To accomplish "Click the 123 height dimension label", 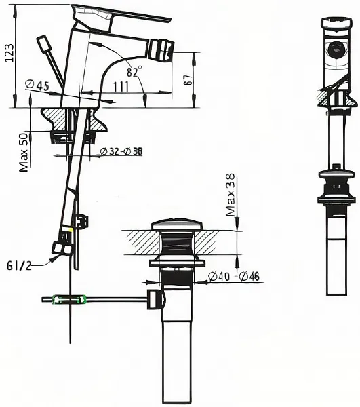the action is (x=9, y=53).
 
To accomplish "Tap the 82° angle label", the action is (x=134, y=71).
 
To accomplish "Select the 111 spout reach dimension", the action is (x=121, y=87).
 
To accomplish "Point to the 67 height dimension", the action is (x=188, y=80).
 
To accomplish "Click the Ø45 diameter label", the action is (x=37, y=85).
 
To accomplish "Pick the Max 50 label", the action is (x=24, y=153).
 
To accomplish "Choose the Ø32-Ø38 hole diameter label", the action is (x=121, y=151).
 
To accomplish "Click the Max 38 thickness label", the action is (x=230, y=195).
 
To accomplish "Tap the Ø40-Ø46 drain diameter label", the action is (x=234, y=276).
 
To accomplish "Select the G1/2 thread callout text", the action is (x=19, y=265).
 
